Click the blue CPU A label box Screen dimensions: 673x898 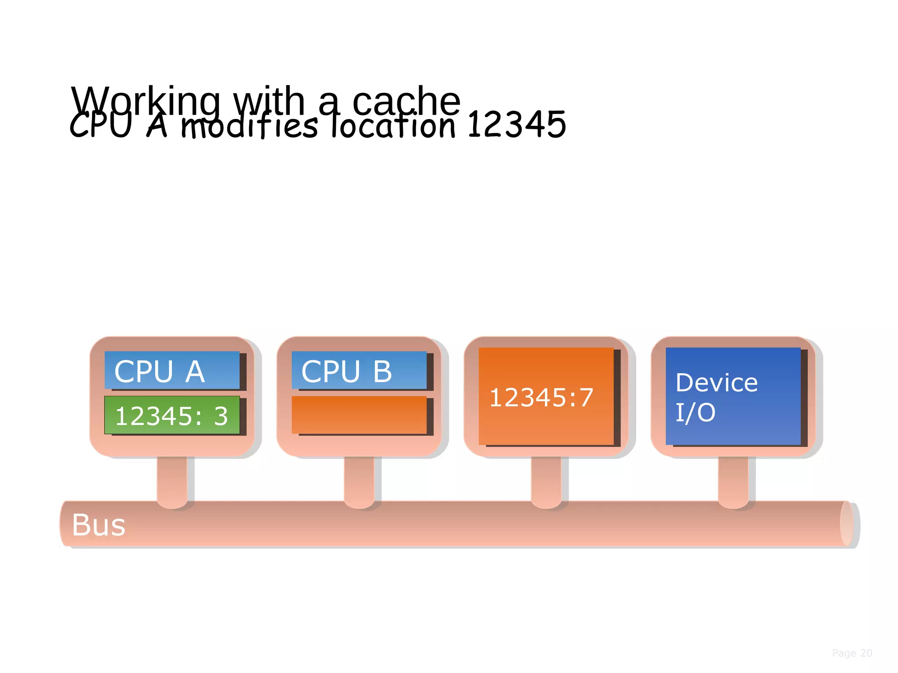[172, 370]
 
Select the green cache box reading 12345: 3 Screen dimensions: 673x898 [172, 415]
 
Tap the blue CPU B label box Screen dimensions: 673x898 [359, 370]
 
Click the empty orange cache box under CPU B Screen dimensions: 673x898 [359, 415]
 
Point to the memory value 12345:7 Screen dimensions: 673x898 [541, 397]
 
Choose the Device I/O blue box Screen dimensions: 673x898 [733, 397]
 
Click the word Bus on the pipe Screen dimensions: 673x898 [99, 525]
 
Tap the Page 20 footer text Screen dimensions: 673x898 [852, 653]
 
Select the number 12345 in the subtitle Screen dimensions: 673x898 [517, 125]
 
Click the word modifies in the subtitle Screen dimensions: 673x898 [249, 126]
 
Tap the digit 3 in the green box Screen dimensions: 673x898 [221, 416]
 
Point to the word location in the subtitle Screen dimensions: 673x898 [393, 126]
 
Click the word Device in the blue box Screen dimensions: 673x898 [716, 383]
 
